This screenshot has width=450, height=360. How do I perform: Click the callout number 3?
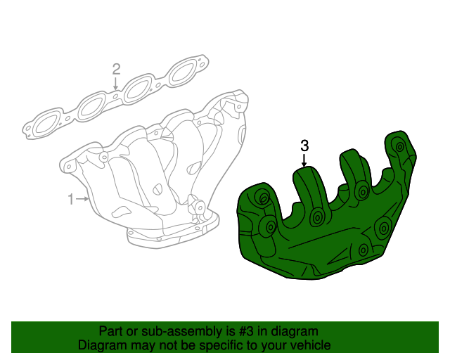[304, 146]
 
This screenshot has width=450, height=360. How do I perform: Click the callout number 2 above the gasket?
[116, 69]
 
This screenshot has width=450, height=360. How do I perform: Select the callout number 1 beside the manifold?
[70, 200]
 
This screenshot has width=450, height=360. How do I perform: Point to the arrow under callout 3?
[304, 162]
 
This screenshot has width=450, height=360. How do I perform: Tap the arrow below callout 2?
[116, 84]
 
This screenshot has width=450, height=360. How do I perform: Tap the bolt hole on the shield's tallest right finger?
[399, 148]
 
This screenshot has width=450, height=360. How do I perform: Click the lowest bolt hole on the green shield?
[363, 250]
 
